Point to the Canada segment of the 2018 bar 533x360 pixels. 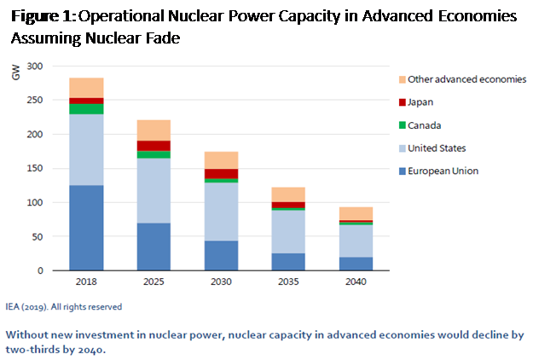[x=86, y=109]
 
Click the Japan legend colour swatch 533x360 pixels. [x=400, y=102]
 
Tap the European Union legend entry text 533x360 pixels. [x=443, y=171]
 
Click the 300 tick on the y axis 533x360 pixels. [x=35, y=67]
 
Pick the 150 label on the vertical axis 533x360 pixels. [x=35, y=169]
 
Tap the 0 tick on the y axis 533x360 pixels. [x=40, y=271]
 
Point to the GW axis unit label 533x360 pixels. [x=15, y=74]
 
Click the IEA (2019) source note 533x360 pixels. [x=65, y=306]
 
